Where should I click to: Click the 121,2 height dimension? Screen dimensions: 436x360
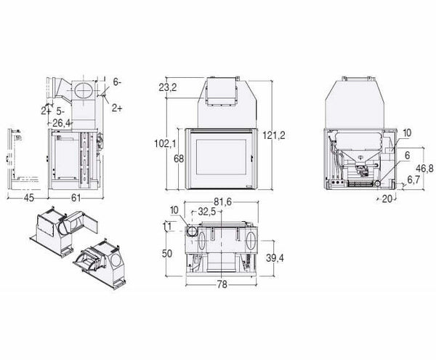[274, 135]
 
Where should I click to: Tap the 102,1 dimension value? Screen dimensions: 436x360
[165, 144]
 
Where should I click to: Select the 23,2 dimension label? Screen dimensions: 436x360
[168, 87]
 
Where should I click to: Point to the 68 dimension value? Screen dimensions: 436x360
[179, 159]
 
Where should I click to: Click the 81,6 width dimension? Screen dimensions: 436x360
[222, 202]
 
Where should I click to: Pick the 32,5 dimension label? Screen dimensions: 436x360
[206, 212]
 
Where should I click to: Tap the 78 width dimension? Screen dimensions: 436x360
[222, 284]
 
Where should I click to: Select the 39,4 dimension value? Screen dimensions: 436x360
[275, 258]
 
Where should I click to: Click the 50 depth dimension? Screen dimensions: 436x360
[166, 253]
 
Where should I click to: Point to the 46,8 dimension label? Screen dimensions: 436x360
[424, 168]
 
